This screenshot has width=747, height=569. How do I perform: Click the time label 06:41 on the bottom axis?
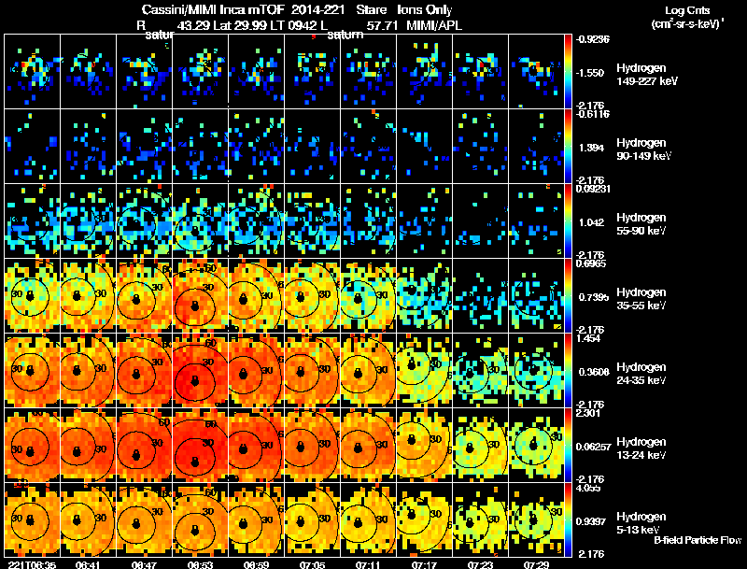[x=88, y=564]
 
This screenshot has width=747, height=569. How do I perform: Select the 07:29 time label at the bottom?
[x=536, y=564]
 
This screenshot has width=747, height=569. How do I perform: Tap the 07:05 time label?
[x=312, y=564]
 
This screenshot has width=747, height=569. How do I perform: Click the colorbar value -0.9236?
[x=595, y=39]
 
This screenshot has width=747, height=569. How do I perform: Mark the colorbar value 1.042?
[x=595, y=223]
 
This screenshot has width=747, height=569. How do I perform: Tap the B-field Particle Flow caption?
[x=698, y=540]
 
